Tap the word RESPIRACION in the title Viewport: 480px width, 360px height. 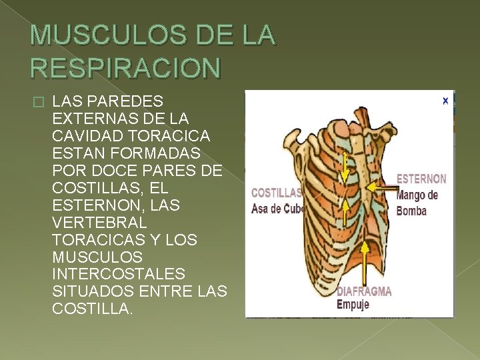click(125, 67)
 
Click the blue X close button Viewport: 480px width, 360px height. click(445, 101)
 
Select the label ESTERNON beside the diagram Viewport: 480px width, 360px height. click(421, 179)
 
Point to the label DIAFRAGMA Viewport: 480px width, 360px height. click(364, 291)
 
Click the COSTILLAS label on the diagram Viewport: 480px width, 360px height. click(276, 193)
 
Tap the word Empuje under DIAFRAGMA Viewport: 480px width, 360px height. click(353, 305)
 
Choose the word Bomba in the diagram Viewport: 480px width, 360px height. click(411, 211)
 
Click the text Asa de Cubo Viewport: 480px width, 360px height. click(277, 209)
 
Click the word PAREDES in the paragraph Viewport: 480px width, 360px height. click(123, 101)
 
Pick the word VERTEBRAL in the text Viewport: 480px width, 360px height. click(96, 223)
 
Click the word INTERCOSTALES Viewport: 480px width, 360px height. click(118, 275)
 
